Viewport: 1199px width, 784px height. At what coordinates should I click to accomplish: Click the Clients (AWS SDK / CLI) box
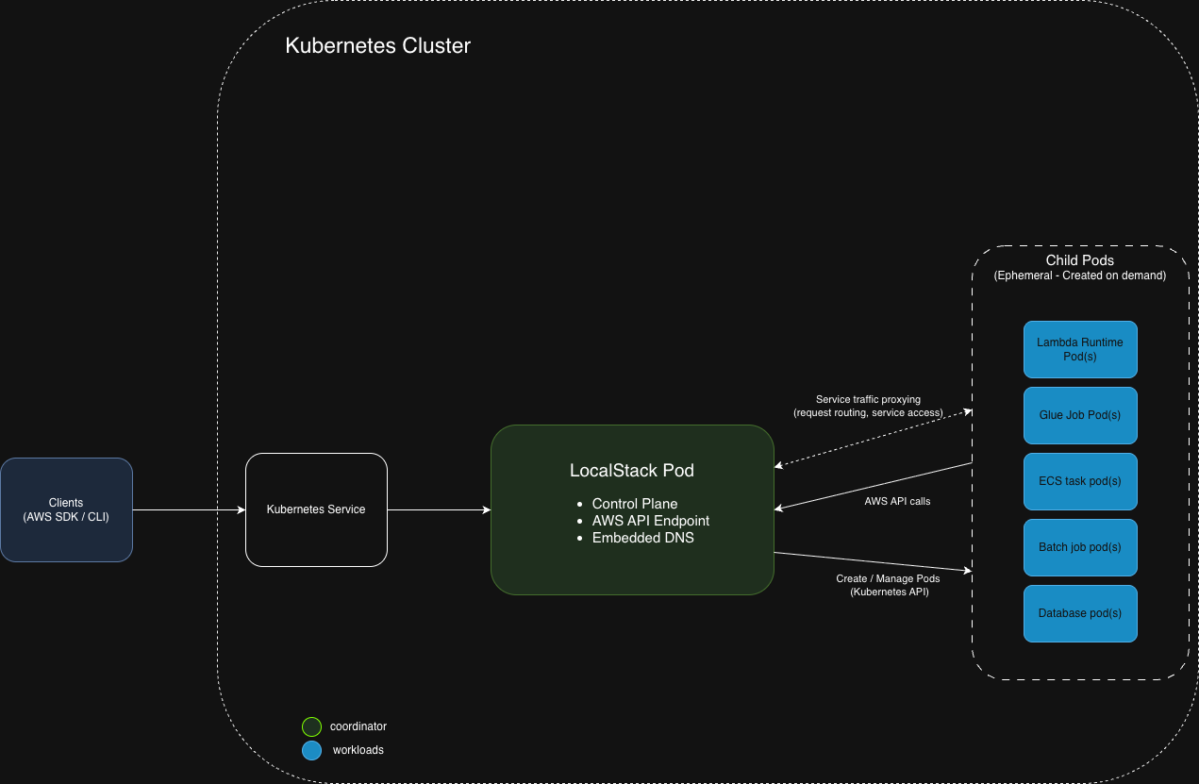tap(66, 509)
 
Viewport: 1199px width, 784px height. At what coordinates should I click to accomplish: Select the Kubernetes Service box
tap(316, 509)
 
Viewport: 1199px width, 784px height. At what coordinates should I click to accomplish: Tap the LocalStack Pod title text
tap(632, 470)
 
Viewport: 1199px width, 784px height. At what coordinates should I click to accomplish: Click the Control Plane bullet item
tap(634, 504)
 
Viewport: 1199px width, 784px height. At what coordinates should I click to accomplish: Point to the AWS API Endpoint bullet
tap(650, 521)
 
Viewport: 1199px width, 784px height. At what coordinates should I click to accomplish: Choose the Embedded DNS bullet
tap(642, 538)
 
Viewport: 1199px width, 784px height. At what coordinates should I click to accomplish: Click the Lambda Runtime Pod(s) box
tap(1080, 349)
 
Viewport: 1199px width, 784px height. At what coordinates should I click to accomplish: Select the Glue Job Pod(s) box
tap(1080, 415)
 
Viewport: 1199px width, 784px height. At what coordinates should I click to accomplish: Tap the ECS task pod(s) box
tap(1080, 481)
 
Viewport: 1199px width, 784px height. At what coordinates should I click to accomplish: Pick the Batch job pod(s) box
tap(1080, 547)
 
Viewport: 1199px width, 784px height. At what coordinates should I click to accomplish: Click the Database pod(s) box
tap(1080, 613)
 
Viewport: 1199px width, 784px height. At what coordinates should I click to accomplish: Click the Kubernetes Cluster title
tap(377, 45)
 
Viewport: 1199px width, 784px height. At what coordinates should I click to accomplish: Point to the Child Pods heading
tap(1080, 260)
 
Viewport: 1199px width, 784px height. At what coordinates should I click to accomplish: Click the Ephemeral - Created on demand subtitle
tap(1080, 275)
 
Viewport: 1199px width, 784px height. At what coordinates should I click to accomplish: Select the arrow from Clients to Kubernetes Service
tap(189, 510)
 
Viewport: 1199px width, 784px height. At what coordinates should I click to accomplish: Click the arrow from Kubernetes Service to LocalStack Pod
tap(439, 510)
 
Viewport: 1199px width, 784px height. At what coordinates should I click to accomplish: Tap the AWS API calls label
tap(897, 501)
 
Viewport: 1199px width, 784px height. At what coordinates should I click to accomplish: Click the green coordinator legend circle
tap(311, 726)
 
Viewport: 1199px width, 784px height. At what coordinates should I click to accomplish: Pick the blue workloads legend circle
tap(311, 750)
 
